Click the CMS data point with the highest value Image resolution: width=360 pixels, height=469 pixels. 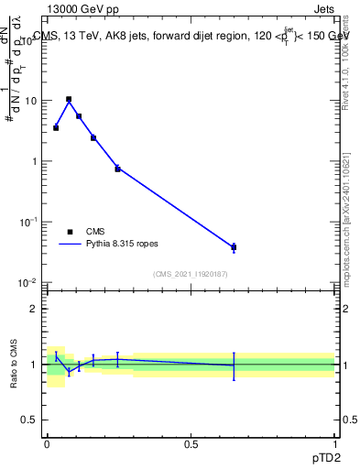click(x=69, y=99)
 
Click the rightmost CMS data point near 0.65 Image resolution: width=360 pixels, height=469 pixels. click(x=234, y=247)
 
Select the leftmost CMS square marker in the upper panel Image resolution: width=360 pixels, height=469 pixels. click(x=56, y=127)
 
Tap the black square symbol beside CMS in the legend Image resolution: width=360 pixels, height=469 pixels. click(x=70, y=232)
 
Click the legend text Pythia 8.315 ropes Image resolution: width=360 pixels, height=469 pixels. click(x=122, y=244)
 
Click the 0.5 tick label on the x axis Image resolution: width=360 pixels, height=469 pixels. click(x=191, y=443)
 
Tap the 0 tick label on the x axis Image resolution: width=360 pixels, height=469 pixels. click(x=47, y=443)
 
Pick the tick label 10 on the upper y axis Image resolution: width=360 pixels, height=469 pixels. click(x=29, y=101)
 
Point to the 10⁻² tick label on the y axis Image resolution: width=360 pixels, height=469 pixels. click(x=27, y=283)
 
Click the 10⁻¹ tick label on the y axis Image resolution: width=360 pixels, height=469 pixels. click(x=27, y=223)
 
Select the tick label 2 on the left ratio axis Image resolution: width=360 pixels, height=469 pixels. click(x=35, y=309)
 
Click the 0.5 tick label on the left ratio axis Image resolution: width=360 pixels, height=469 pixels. click(x=30, y=421)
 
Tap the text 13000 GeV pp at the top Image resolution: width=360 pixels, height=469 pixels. click(x=82, y=9)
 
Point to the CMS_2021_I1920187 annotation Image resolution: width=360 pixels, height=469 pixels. click(x=190, y=274)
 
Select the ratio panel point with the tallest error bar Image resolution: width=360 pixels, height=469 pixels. click(x=234, y=365)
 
